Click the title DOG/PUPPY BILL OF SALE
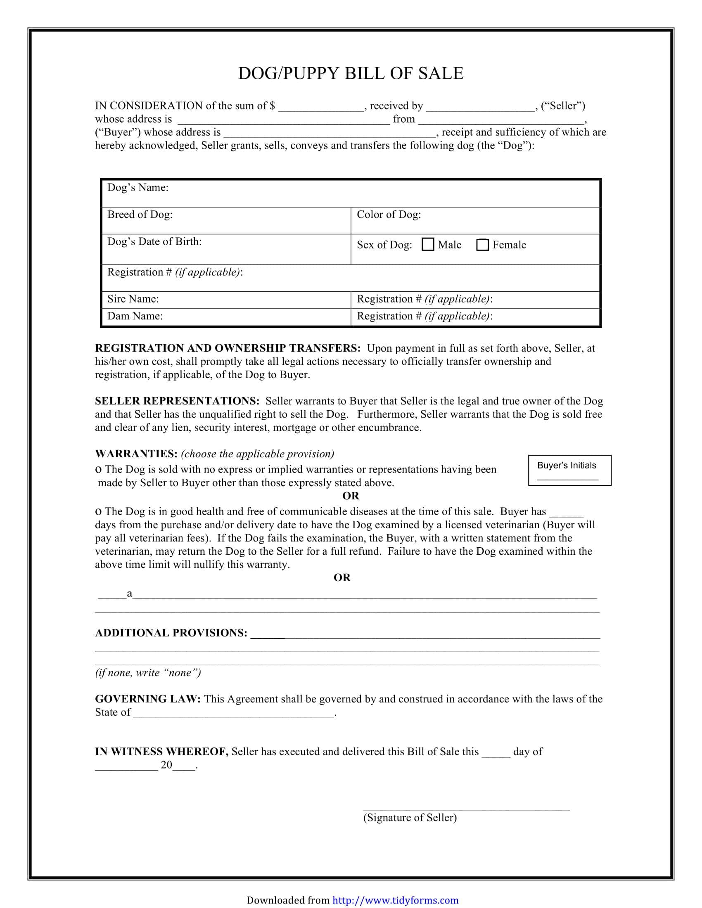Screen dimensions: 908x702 coord(351,73)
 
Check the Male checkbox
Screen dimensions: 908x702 coord(427,244)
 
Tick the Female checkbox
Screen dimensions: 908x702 coord(482,244)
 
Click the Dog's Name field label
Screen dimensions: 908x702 coord(138,187)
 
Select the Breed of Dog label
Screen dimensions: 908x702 coord(140,215)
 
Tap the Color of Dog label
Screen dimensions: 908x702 coord(389,215)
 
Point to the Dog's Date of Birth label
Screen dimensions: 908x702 coord(154,241)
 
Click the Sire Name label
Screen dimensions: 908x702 coord(133,299)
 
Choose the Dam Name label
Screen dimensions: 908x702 coord(135,316)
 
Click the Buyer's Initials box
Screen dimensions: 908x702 coord(569,470)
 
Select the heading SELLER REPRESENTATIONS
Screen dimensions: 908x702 coord(177,401)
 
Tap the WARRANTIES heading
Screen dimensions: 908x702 coord(136,454)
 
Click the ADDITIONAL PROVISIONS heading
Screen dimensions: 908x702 coord(171,633)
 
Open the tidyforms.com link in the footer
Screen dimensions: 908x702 coord(395,900)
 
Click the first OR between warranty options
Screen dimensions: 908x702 coord(351,496)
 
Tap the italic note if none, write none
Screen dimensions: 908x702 coord(148,673)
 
